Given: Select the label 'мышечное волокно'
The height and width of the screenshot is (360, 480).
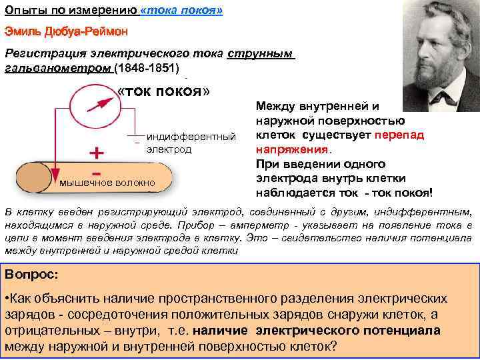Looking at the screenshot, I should pos(107,182).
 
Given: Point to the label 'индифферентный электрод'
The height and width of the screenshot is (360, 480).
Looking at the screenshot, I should pos(191,143).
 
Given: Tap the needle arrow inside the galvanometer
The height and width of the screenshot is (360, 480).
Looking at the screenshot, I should pos(97,104).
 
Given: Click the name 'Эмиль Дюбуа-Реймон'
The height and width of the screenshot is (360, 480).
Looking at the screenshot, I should pos(65,31).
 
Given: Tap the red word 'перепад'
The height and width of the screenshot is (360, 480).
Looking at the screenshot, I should pos(398,135).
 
